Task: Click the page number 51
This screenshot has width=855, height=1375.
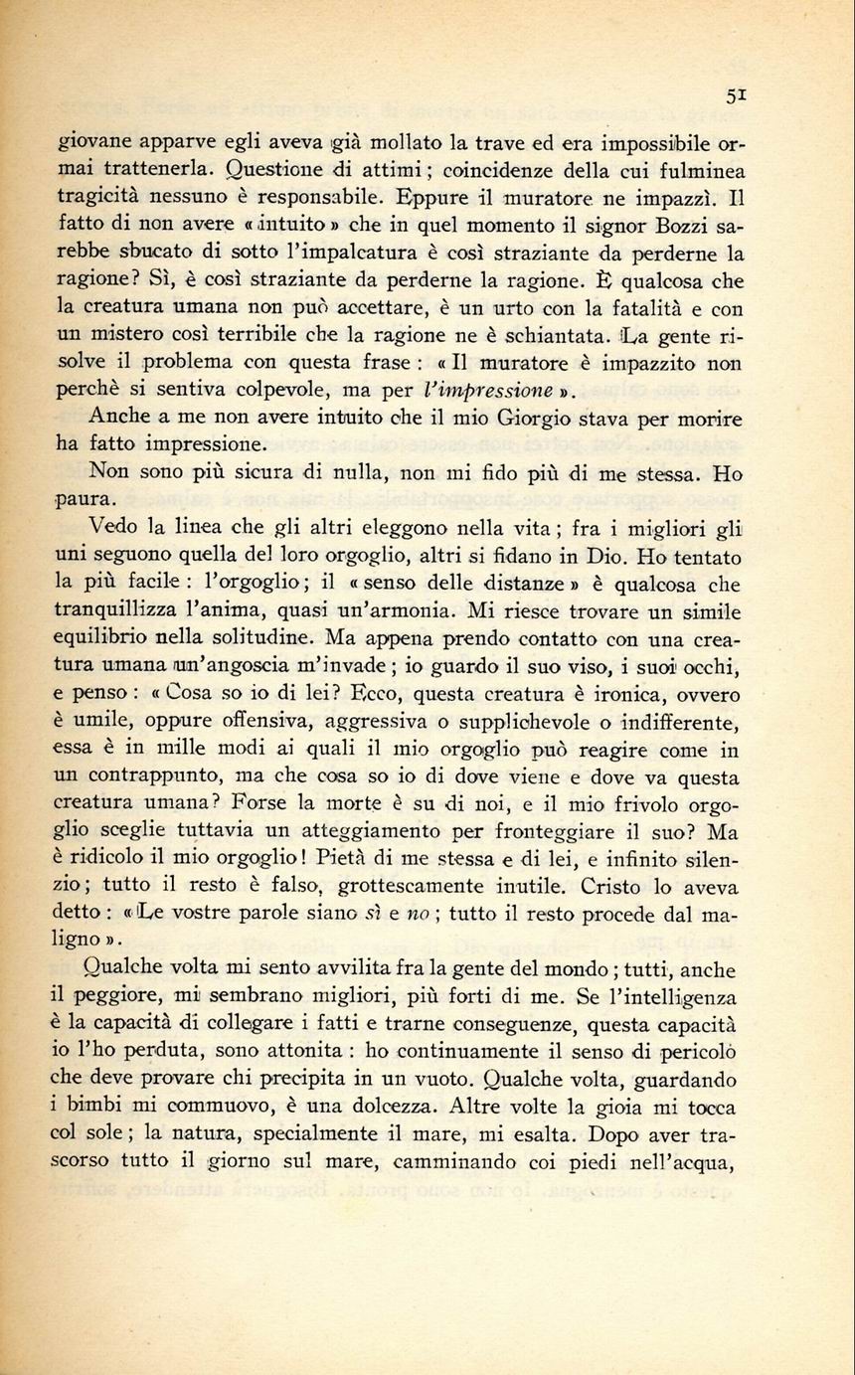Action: click(x=736, y=95)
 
